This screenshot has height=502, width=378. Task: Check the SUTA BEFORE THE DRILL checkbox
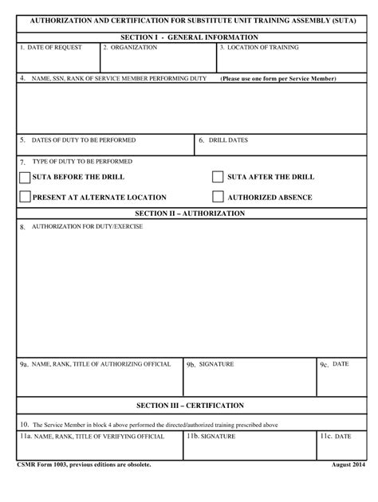[x=25, y=177]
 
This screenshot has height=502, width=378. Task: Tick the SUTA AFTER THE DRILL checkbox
[x=218, y=177]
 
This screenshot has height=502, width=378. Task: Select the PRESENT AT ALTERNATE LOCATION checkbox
[x=25, y=197]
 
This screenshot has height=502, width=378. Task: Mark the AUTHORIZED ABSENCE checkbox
[x=218, y=197]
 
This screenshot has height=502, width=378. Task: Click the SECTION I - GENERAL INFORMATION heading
[x=189, y=37]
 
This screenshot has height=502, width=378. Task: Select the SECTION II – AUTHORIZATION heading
[x=189, y=214]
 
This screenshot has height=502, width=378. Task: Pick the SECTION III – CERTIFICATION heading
[x=189, y=406]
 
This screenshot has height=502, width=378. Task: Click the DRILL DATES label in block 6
[x=228, y=140]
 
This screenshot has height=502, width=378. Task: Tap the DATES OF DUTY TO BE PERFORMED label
[x=83, y=140]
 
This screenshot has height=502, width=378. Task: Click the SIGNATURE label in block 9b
[x=216, y=364]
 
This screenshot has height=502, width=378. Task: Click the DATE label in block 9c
[x=341, y=364]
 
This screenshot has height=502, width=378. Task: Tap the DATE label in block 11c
[x=342, y=437]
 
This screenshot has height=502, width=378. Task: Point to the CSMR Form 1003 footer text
[x=84, y=465]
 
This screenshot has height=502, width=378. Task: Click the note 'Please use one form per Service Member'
[x=278, y=79]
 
